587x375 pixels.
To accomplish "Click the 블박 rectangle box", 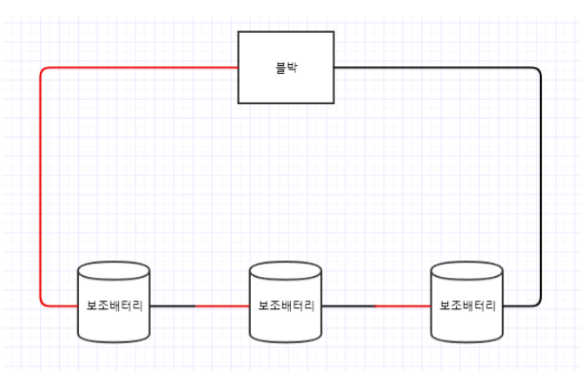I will pyautogui.click(x=286, y=87).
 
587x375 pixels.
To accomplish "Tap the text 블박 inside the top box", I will pyautogui.click(x=286, y=67).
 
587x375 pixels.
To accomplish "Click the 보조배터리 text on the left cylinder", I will pyautogui.click(x=114, y=306).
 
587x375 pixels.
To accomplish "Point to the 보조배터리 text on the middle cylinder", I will pyautogui.click(x=286, y=306).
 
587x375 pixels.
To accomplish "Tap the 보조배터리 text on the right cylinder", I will pyautogui.click(x=467, y=306).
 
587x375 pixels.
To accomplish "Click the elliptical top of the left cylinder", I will pyautogui.click(x=114, y=271).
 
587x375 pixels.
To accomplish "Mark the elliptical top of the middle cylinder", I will pyautogui.click(x=286, y=271).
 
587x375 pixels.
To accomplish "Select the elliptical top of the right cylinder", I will pyautogui.click(x=467, y=271).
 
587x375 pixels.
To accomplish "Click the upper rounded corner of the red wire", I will pyautogui.click(x=43, y=69).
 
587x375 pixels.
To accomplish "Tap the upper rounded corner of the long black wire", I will pyautogui.click(x=538, y=69).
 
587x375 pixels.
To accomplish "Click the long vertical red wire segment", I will pyautogui.click(x=40, y=187).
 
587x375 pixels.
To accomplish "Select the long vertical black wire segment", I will pyautogui.click(x=541, y=187).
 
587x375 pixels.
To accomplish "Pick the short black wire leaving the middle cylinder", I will pyautogui.click(x=347, y=306).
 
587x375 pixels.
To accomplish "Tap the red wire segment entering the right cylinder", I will pyautogui.click(x=403, y=306).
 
